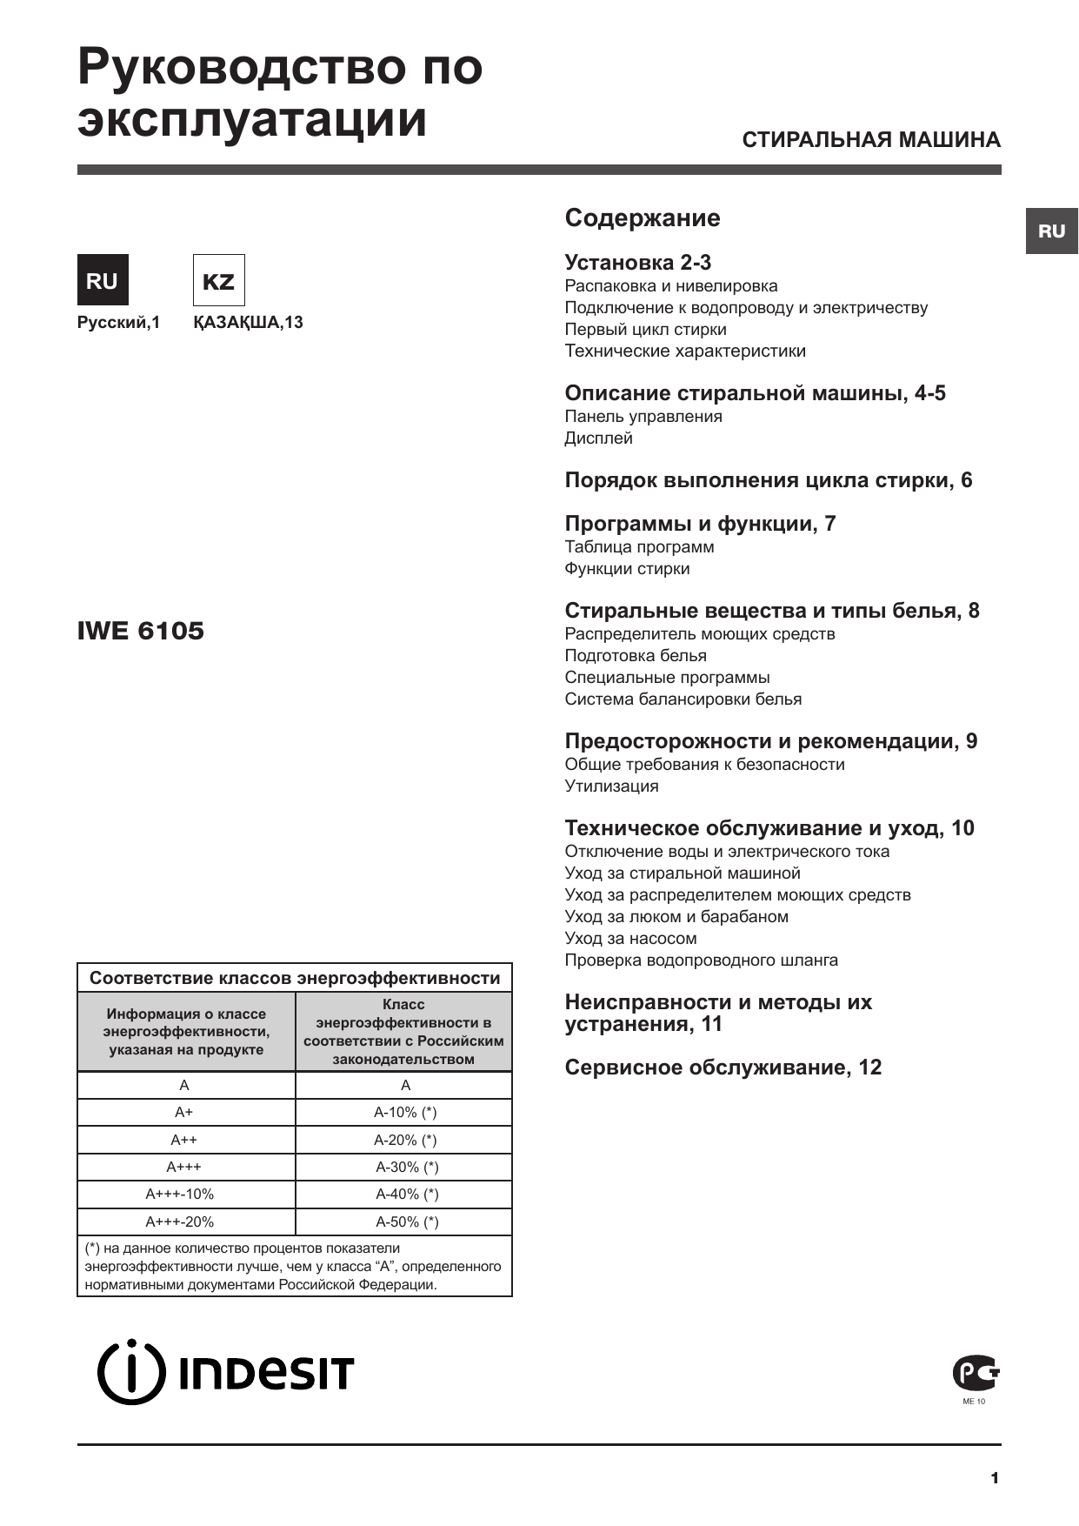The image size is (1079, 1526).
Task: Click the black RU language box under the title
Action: click(x=103, y=280)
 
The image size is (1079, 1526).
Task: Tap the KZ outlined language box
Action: click(x=218, y=280)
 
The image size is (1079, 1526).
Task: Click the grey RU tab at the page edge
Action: click(x=1051, y=231)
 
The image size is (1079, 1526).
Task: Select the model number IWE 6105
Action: click(x=141, y=631)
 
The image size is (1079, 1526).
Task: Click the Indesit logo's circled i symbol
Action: click(x=130, y=1372)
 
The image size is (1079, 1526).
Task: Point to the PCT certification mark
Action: click(x=976, y=1374)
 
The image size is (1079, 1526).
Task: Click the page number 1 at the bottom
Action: click(x=995, y=1478)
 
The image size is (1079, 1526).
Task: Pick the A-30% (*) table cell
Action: click(x=406, y=1168)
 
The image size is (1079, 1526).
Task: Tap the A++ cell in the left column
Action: click(x=183, y=1140)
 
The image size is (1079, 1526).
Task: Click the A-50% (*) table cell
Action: click(x=406, y=1221)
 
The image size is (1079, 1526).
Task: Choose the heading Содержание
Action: click(x=643, y=218)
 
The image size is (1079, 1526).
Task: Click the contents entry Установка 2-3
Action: click(x=638, y=263)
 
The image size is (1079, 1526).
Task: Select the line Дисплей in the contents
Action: click(x=598, y=438)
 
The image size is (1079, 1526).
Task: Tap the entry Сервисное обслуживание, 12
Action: click(x=723, y=1068)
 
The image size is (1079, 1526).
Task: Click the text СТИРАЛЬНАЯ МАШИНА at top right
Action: click(x=871, y=140)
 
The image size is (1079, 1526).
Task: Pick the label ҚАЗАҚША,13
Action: click(x=248, y=323)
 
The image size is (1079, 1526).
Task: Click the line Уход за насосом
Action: click(x=630, y=939)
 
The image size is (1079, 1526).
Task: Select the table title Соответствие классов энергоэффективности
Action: click(x=295, y=978)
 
